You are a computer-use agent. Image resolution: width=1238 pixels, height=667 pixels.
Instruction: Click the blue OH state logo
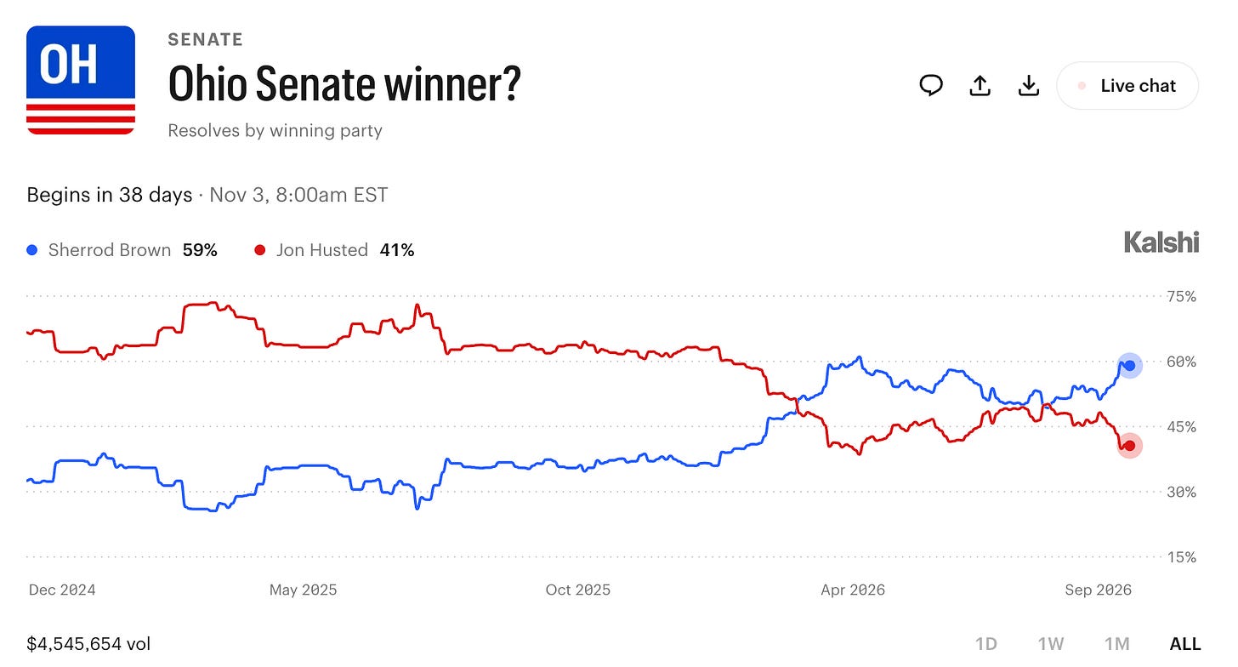(81, 80)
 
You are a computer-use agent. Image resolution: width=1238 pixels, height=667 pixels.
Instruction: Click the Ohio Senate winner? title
(344, 84)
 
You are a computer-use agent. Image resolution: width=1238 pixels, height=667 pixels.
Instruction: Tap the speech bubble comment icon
(931, 86)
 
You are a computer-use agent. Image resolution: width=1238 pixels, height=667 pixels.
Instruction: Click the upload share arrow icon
(980, 86)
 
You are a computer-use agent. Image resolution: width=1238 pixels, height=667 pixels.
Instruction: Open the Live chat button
(1127, 86)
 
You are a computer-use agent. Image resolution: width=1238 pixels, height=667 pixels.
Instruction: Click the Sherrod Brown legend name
(110, 250)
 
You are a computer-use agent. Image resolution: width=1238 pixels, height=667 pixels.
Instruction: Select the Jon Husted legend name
(322, 250)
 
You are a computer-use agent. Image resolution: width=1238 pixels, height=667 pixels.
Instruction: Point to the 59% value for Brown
(200, 250)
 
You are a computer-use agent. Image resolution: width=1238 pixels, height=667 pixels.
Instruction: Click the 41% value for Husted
(397, 250)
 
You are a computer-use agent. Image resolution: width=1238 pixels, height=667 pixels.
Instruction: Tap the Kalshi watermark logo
(1161, 242)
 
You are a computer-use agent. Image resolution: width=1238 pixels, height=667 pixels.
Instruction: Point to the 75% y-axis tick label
(1182, 296)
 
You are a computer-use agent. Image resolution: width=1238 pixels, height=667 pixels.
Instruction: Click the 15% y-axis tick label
(1182, 557)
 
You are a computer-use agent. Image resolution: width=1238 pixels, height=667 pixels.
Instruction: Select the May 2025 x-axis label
(303, 590)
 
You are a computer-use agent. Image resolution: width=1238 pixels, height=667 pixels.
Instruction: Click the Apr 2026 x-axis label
(853, 590)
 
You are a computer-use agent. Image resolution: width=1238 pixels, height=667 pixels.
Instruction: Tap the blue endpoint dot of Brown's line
(1130, 366)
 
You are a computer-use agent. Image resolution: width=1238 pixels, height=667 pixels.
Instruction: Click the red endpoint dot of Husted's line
(1130, 446)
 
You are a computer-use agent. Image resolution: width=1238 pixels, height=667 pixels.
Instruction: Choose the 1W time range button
(1051, 644)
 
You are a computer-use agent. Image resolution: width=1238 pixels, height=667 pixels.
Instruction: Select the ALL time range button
(1185, 644)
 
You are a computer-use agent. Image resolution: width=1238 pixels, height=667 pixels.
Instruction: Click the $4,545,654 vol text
(88, 644)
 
